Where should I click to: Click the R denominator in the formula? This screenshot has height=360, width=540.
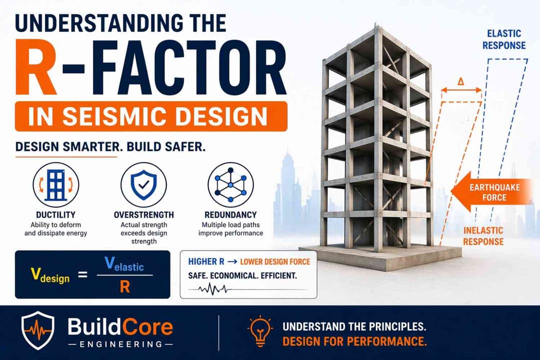125,287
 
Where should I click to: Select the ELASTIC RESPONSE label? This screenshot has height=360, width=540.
506,39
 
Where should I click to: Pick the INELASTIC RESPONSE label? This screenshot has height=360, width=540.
483,236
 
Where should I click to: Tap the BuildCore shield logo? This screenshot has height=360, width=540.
37,330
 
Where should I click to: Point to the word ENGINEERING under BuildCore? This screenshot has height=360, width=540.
120,344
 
